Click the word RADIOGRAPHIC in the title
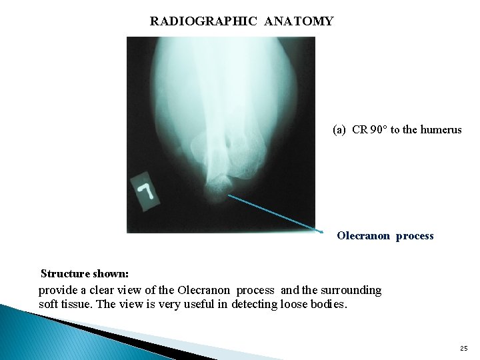(204, 21)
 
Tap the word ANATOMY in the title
(299, 21)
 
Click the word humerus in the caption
(440, 130)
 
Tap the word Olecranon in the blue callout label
(364, 235)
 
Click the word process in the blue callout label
(414, 235)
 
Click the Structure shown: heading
(85, 273)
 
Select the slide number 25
(463, 348)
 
